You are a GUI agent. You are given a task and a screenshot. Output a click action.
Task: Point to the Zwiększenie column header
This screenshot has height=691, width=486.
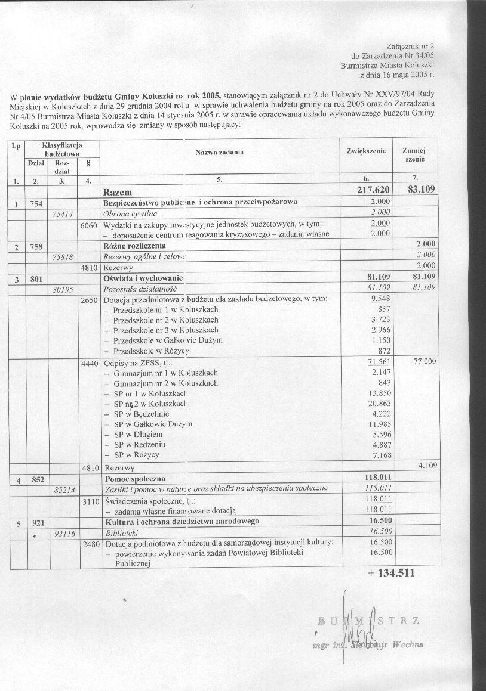pos(366,151)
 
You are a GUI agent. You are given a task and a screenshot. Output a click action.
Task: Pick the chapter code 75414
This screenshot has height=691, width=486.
pos(63,213)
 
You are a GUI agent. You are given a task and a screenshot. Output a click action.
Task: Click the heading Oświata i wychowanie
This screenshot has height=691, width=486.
pos(143,278)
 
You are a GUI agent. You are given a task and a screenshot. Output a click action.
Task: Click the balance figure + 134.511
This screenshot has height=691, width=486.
pos(387,574)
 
